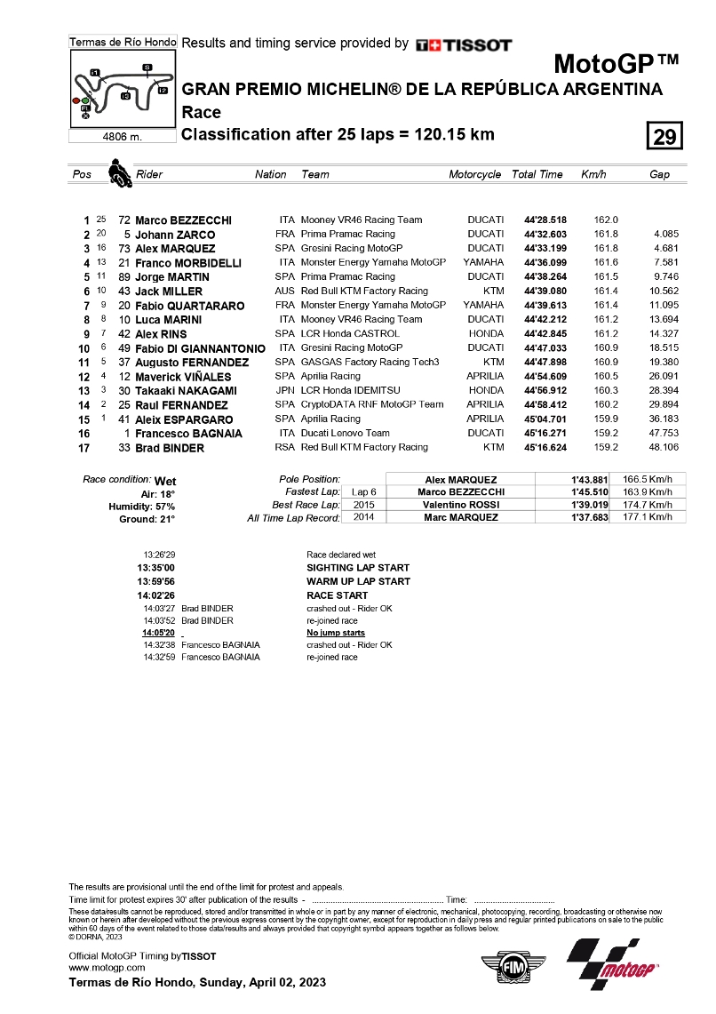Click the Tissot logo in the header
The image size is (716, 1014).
tap(464, 44)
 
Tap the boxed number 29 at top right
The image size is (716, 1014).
tap(664, 138)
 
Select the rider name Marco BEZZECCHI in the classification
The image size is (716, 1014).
tap(183, 220)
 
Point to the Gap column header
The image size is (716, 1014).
tap(659, 175)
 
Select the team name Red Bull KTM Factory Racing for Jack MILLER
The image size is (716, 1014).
tap(364, 291)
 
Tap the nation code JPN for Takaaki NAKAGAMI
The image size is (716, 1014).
tap(285, 391)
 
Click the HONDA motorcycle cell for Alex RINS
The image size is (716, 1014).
tap(486, 334)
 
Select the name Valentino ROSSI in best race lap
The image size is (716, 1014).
tap(460, 505)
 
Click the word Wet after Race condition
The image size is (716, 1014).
tap(165, 481)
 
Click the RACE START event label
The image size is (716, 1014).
tap(337, 595)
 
